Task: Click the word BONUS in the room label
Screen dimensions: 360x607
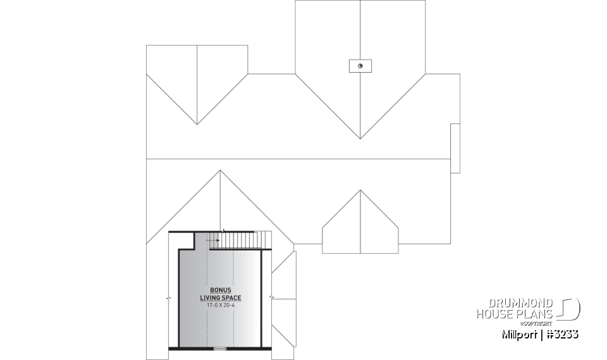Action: (221, 290)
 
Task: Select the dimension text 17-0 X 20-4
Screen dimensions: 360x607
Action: (221, 305)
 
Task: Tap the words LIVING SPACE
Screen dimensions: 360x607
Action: (221, 297)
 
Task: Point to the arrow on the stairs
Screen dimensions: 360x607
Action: (213, 240)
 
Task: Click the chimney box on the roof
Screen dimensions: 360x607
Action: (360, 66)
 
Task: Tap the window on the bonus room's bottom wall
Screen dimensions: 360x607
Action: (220, 348)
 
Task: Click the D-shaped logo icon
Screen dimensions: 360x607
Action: (569, 309)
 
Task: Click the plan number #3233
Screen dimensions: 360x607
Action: (561, 334)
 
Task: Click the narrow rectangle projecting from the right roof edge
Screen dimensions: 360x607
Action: (455, 148)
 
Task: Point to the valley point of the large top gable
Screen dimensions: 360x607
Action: (360, 138)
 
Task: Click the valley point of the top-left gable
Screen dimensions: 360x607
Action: (197, 123)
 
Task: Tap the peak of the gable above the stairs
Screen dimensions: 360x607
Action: (220, 170)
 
